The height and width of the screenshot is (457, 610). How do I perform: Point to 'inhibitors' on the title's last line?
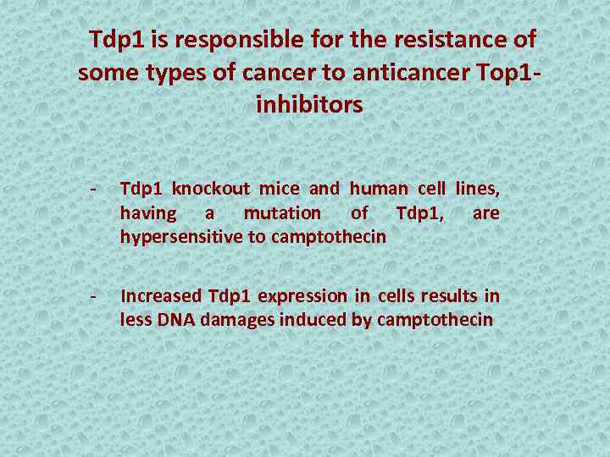(308, 105)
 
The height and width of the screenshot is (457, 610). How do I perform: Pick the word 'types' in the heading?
(168, 73)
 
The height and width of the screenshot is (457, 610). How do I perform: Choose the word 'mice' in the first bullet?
(280, 189)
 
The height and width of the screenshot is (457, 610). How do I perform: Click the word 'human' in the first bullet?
(378, 189)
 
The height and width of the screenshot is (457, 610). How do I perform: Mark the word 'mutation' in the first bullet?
(282, 213)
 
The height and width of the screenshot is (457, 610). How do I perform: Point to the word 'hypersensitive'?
(181, 237)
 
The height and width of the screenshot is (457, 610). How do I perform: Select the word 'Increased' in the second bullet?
(162, 296)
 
